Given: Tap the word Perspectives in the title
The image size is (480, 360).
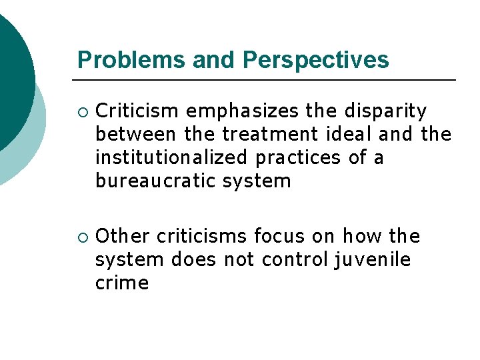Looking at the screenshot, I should click(316, 60).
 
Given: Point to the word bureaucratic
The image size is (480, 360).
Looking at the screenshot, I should click(154, 181).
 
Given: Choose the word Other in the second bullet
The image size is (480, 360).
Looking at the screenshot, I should click(122, 236).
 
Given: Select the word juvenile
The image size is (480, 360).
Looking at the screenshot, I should click(371, 259).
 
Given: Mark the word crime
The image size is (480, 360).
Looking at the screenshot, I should click(122, 283).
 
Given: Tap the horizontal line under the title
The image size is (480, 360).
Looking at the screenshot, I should click(267, 81).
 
